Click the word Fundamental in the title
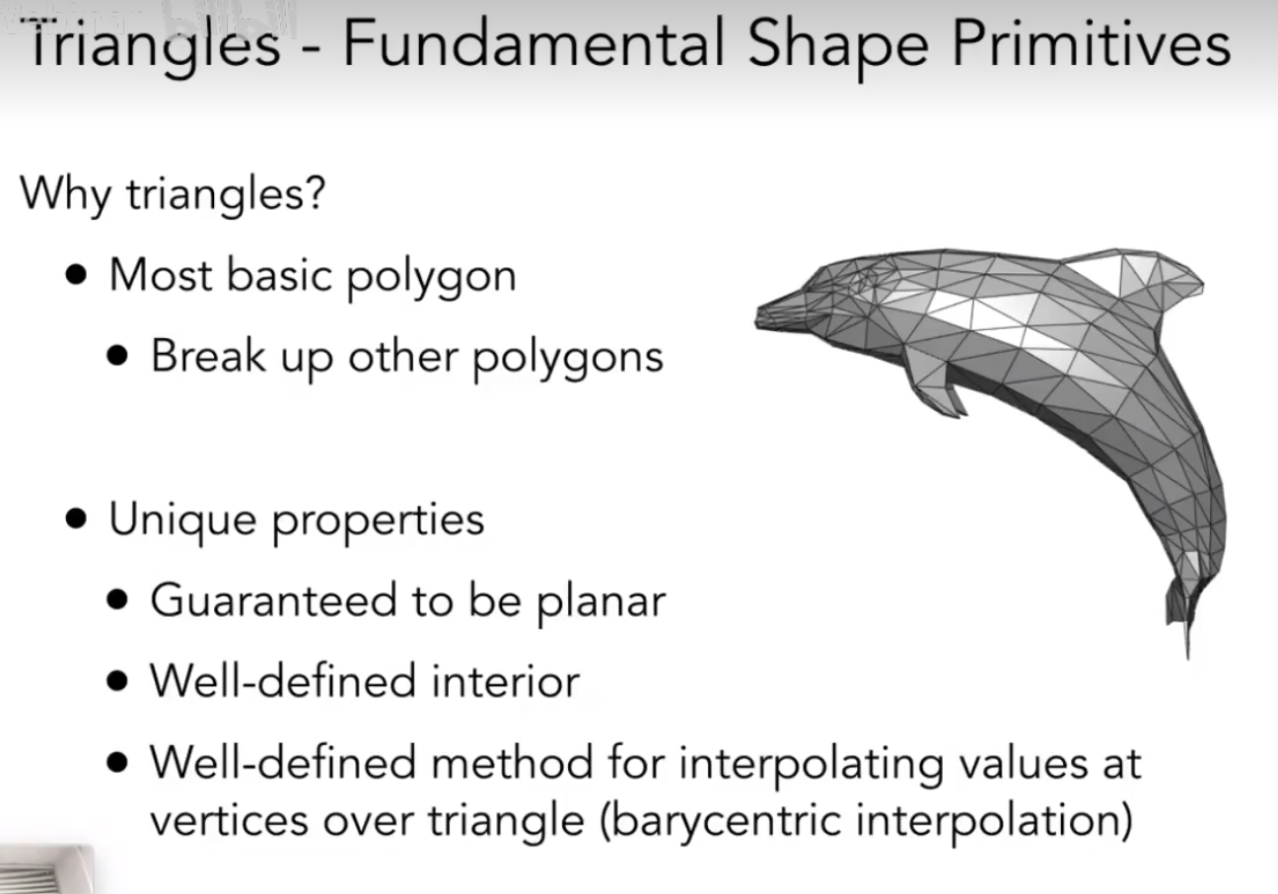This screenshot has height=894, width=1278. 534,43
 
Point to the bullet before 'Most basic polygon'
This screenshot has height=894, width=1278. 76,274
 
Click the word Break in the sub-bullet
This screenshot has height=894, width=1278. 208,355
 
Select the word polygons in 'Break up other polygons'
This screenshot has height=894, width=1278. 568,359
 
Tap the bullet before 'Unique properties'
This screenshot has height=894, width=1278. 76,518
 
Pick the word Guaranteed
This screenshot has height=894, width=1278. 273,600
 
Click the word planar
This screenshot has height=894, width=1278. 602,603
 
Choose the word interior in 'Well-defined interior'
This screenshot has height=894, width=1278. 506,681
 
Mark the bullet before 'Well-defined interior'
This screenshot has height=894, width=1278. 117,681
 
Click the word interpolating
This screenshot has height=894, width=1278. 811,765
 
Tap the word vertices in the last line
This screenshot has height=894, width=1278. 229,821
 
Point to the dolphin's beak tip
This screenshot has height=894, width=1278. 757,318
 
